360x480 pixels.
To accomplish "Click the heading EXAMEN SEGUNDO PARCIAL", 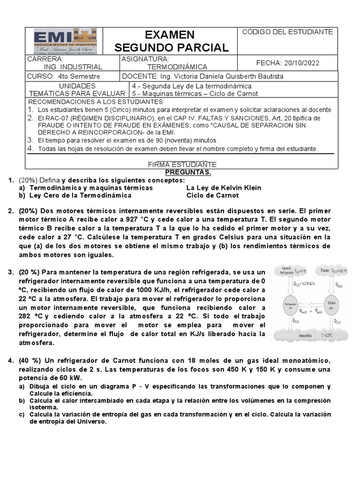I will (172, 41).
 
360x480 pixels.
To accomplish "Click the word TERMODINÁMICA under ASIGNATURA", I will (167, 67).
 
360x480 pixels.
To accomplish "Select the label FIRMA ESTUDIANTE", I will (182, 164).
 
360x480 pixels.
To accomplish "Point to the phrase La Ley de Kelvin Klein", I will (224, 187).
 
